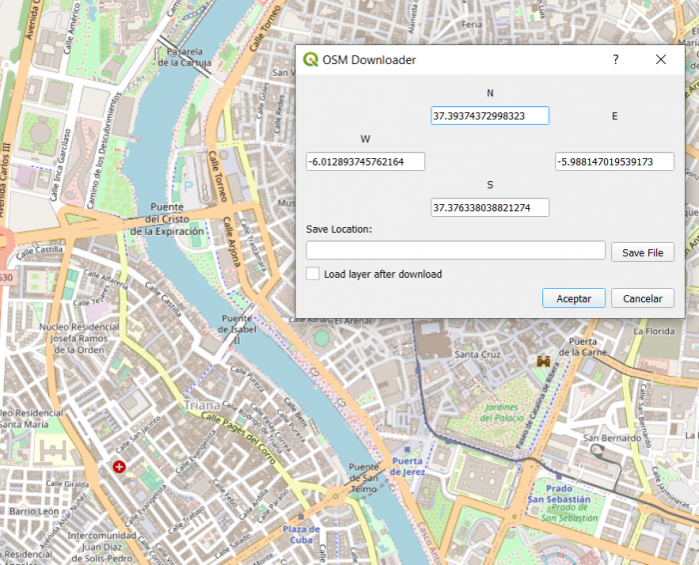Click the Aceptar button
point(573,298)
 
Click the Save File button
point(642,253)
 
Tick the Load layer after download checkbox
point(314,273)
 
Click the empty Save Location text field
point(455,250)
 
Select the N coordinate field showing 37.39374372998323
point(490,116)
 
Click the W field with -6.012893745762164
point(365,162)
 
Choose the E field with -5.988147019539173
point(614,162)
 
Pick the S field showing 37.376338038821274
point(490,208)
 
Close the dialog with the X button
point(661,60)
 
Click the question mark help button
point(615,60)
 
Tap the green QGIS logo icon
point(311,60)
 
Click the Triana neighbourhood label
point(200,406)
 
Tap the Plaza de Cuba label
point(301,534)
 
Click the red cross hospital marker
point(120,467)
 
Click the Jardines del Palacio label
point(484,413)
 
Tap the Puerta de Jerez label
point(408,465)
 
